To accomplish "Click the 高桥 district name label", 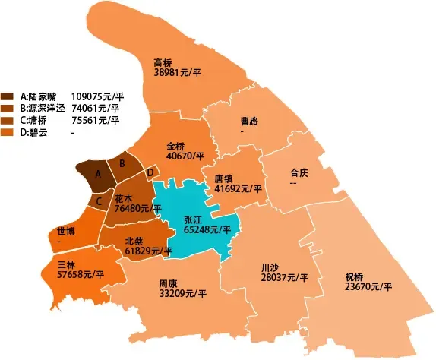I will tap(163, 62).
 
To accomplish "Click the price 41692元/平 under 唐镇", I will tap(238, 188).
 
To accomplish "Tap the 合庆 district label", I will tap(299, 172).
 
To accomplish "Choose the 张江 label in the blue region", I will tap(194, 218).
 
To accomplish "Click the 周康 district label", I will tap(169, 283).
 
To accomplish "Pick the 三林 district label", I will tap(67, 264).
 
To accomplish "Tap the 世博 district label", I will tap(65, 232).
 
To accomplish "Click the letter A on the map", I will tap(96, 174).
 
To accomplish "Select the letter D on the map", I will tap(150, 172).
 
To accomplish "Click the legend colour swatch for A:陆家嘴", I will tap(8, 96).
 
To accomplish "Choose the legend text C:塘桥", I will tap(39, 120).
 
